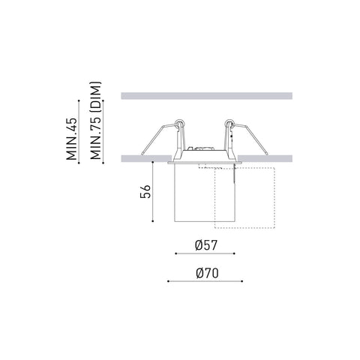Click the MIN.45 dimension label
(x=72, y=139)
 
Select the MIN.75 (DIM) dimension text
(x=96, y=121)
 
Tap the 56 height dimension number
(x=145, y=191)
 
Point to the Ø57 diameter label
(x=206, y=245)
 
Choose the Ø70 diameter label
(x=207, y=273)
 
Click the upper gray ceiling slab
(x=207, y=96)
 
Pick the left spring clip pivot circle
(x=179, y=123)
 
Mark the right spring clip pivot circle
(x=229, y=123)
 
